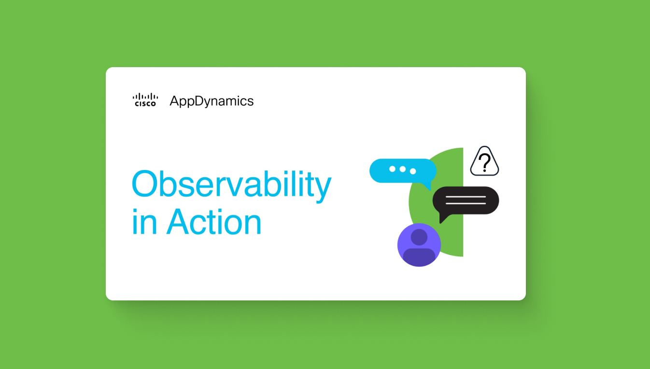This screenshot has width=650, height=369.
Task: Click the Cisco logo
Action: (145, 100)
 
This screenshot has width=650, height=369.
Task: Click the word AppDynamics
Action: (212, 101)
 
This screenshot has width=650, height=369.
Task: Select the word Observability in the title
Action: (231, 185)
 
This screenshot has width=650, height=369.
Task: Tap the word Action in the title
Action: (214, 222)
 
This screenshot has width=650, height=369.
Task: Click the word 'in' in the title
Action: (144, 222)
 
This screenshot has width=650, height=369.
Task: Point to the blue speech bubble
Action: (403, 171)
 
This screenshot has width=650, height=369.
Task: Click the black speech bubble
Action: (466, 201)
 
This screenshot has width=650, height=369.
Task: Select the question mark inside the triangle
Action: (484, 162)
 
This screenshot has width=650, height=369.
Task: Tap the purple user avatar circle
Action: (419, 245)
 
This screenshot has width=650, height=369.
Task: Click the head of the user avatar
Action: (419, 237)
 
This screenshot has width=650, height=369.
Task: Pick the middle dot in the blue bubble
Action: (402, 169)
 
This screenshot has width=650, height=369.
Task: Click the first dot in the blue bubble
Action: (392, 169)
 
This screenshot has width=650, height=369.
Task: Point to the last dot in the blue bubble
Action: (412, 171)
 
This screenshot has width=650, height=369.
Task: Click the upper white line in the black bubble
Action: (466, 197)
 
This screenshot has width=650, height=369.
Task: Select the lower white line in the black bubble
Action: (466, 203)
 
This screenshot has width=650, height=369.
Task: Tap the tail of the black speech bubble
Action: (443, 218)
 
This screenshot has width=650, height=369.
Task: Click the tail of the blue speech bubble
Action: (427, 186)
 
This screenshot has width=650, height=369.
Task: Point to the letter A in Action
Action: (178, 221)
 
